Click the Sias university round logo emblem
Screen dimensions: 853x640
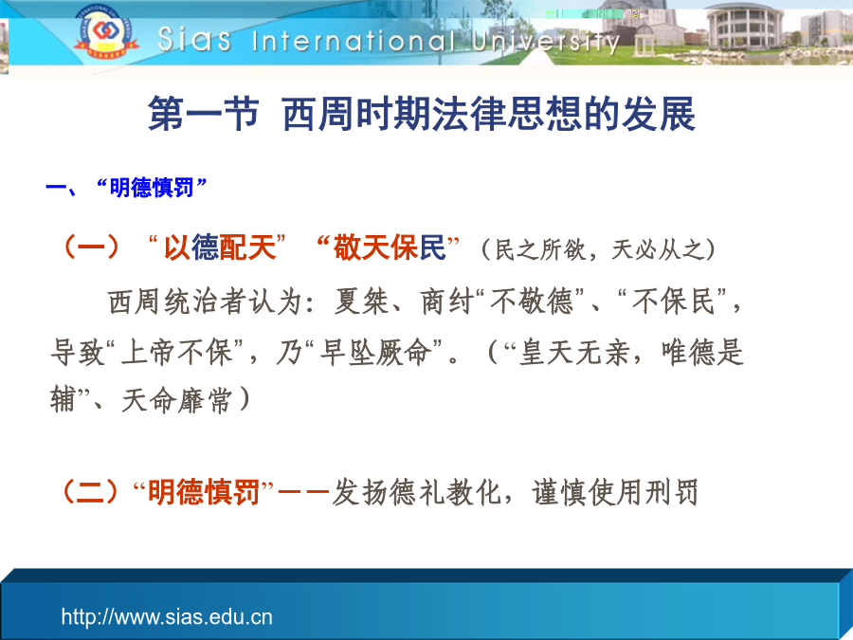point(104,31)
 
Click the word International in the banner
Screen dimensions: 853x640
point(354,41)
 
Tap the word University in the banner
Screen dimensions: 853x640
point(546,42)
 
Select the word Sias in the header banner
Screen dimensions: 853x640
point(194,39)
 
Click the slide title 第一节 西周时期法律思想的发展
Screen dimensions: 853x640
point(422,115)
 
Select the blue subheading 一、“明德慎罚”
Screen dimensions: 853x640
point(126,188)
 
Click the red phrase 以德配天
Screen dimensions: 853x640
point(219,247)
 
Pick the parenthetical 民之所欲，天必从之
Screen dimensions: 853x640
point(598,249)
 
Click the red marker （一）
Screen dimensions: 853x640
point(91,247)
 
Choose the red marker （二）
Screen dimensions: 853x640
point(91,492)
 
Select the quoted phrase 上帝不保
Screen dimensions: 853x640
point(177,352)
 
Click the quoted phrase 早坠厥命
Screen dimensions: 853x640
point(375,352)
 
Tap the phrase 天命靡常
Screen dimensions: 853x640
point(176,401)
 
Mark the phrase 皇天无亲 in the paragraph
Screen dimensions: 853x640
point(574,352)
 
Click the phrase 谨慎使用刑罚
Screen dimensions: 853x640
point(615,492)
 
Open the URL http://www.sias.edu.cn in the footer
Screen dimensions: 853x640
point(167,617)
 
